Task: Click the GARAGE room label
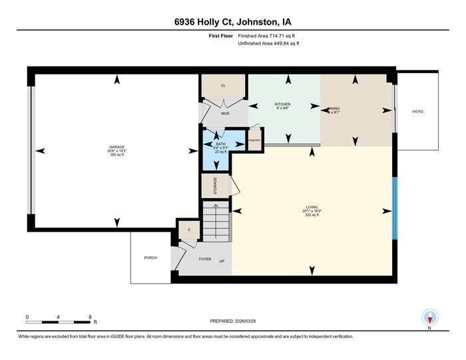point(117,147)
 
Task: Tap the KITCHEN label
point(283,104)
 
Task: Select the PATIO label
point(417,111)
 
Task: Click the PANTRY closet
point(254,141)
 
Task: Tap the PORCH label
point(150,258)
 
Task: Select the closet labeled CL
point(223,86)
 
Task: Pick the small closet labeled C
point(189,230)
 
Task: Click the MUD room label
point(225,113)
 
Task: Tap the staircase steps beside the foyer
point(216,223)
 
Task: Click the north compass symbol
point(429,318)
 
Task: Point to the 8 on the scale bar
point(90,317)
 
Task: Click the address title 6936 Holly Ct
point(232,21)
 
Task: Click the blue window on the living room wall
point(395,208)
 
